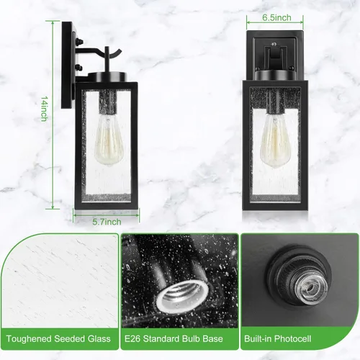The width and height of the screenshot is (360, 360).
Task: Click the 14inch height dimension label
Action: coord(44,109)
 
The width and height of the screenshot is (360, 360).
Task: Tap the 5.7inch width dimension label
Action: coord(107,222)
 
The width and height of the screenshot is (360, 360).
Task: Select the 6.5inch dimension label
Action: coord(276,17)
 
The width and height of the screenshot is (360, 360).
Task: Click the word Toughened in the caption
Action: coord(29,338)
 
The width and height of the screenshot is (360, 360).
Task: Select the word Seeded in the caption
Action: coord(69,338)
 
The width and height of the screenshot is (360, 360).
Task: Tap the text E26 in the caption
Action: coord(132,338)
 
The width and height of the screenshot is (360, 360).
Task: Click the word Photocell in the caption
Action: coord(292,338)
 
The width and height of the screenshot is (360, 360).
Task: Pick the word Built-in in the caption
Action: coord(258,338)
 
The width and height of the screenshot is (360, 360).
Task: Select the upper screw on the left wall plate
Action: coord(80,41)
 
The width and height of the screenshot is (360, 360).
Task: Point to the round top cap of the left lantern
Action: coord(107,77)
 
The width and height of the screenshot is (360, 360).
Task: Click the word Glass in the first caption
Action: coord(99,338)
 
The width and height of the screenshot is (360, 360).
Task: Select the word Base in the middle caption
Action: coord(213,338)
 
